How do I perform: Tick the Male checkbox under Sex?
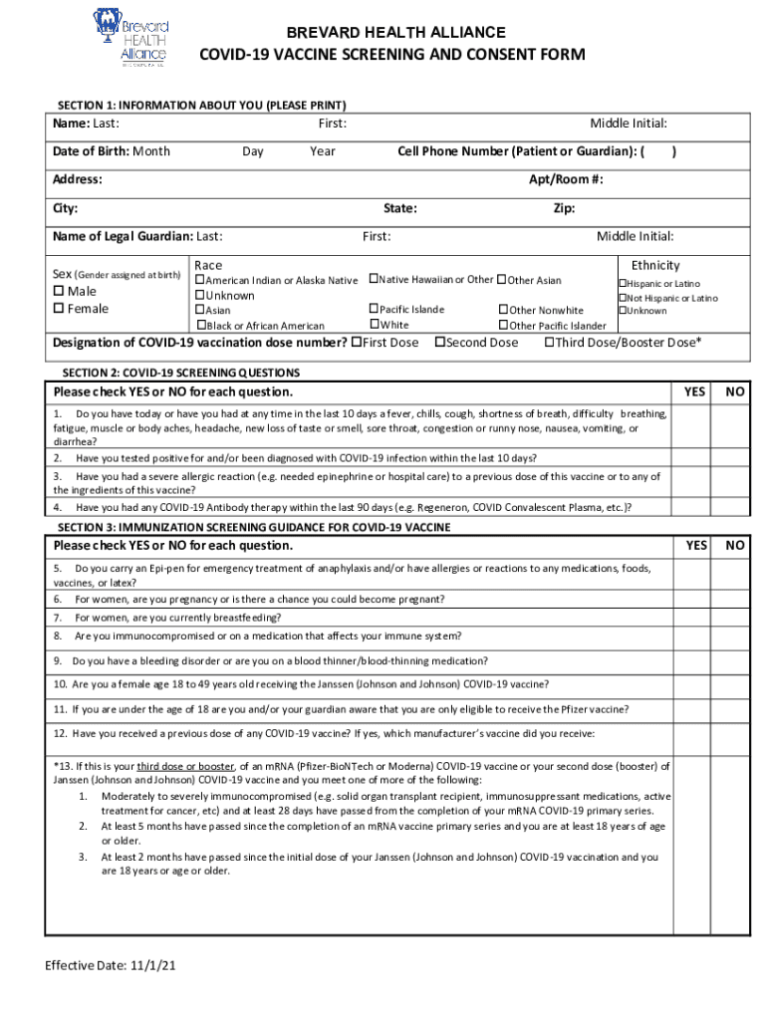tap(58, 291)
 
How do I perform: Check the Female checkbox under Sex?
tap(58, 309)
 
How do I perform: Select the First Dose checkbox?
tap(357, 343)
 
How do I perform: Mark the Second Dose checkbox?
tap(439, 343)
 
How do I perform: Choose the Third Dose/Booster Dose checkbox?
tap(549, 343)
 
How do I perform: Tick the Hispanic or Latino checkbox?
tap(623, 284)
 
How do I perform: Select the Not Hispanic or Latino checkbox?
tap(623, 298)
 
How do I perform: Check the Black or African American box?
tap(201, 326)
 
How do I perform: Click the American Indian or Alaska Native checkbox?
tap(199, 281)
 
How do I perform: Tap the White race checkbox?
tap(375, 325)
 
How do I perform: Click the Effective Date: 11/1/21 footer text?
tap(111, 966)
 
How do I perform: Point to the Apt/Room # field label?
tap(566, 180)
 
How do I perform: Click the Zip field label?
tap(564, 209)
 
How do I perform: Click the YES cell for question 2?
tap(694, 458)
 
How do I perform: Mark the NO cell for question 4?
tap(735, 507)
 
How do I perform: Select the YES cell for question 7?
tap(694, 618)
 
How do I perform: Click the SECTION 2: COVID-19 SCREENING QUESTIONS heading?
tap(178, 373)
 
